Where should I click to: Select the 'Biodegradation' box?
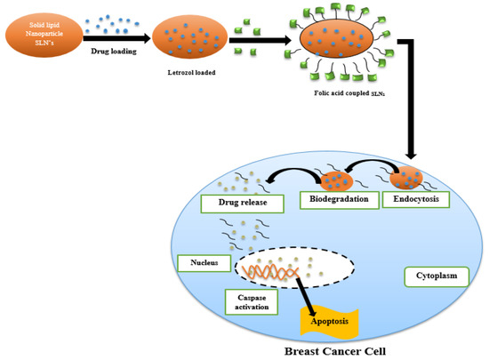point(335,200)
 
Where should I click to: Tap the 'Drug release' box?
point(243,204)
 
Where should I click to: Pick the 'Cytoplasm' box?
point(436,276)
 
